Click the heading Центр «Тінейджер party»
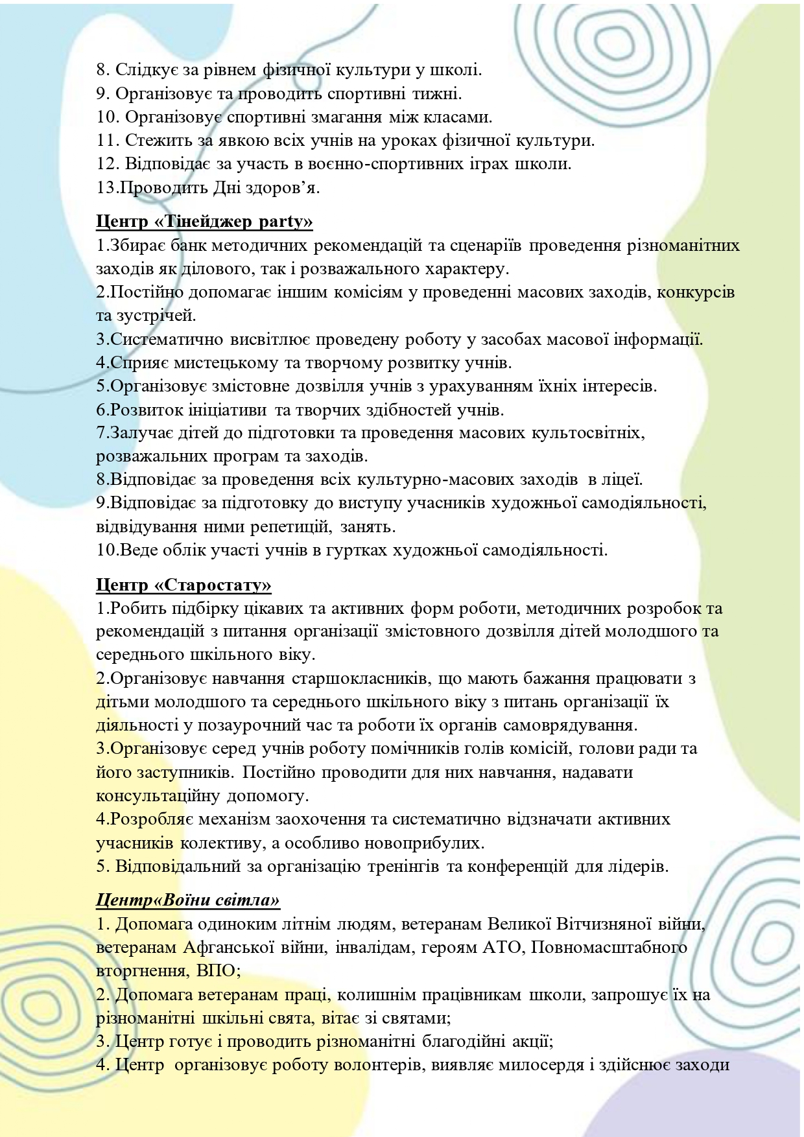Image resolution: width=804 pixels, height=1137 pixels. (204, 222)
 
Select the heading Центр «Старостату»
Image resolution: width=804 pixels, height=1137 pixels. (183, 585)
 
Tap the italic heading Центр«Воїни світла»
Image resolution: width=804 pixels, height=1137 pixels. (188, 900)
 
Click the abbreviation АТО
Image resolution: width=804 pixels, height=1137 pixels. (498, 948)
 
